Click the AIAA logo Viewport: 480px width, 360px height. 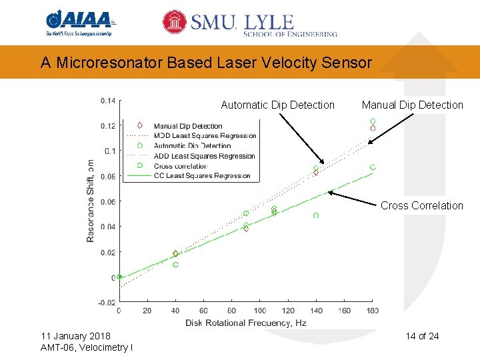pos(79,23)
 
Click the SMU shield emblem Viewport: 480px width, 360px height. pos(175,22)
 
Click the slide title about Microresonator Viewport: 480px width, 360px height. pos(206,63)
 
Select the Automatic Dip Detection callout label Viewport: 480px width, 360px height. pos(277,105)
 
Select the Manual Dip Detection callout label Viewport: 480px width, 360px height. pos(412,105)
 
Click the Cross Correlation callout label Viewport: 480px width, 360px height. pos(421,205)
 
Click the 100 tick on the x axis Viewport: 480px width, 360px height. pos(260,311)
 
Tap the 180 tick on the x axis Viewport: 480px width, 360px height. pos(373,311)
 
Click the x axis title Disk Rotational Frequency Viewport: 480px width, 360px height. pos(245,323)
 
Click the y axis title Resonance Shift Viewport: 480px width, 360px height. pos(91,200)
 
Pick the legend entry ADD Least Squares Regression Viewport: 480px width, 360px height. pos(204,156)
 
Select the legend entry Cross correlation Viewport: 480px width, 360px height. pos(180,166)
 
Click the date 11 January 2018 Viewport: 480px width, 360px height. pos(75,335)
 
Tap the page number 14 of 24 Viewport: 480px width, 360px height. pos(422,335)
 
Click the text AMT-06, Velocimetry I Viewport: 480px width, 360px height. pos(86,347)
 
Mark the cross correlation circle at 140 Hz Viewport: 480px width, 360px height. pos(316,215)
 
